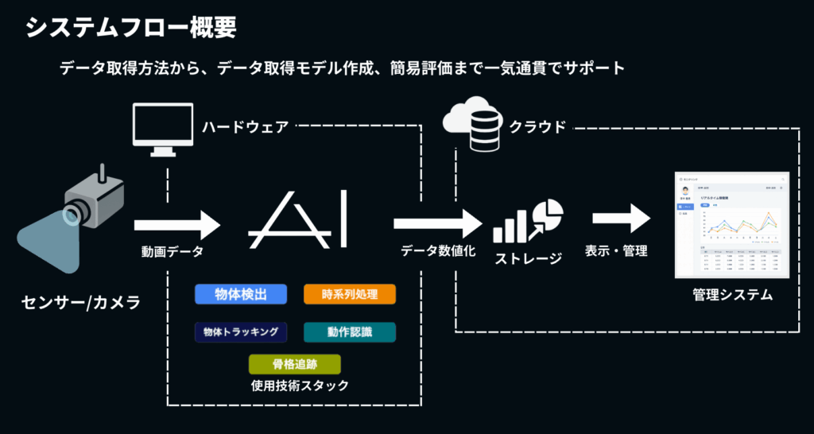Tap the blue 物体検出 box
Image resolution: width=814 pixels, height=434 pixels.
[x=241, y=295]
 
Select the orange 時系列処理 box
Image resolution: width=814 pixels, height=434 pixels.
[x=350, y=295]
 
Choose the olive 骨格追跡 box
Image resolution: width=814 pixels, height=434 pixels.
[x=295, y=365]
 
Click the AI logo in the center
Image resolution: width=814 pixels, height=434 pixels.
[x=297, y=219]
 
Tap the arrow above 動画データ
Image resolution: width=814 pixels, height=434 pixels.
[x=176, y=224]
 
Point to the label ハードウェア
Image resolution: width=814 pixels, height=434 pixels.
[x=244, y=127]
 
